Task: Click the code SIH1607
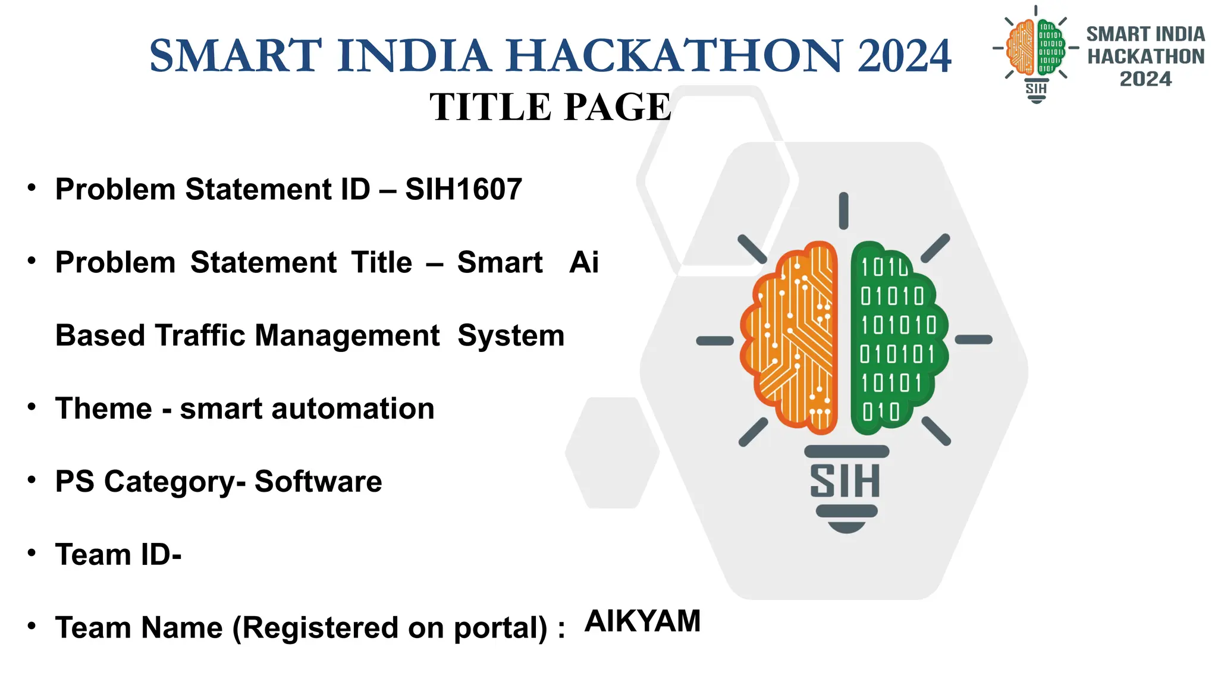tap(463, 190)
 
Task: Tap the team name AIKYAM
tap(642, 621)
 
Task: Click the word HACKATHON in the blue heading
tap(674, 55)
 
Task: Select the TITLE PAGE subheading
tap(550, 107)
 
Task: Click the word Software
tap(318, 482)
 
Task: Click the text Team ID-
tap(118, 555)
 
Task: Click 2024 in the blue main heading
tap(904, 55)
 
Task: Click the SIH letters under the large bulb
tap(845, 482)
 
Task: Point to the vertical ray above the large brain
tap(843, 210)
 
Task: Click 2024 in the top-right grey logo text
tap(1145, 79)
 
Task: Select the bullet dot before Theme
tap(32, 407)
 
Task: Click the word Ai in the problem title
tap(583, 263)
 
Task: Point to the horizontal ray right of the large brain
tap(974, 340)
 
